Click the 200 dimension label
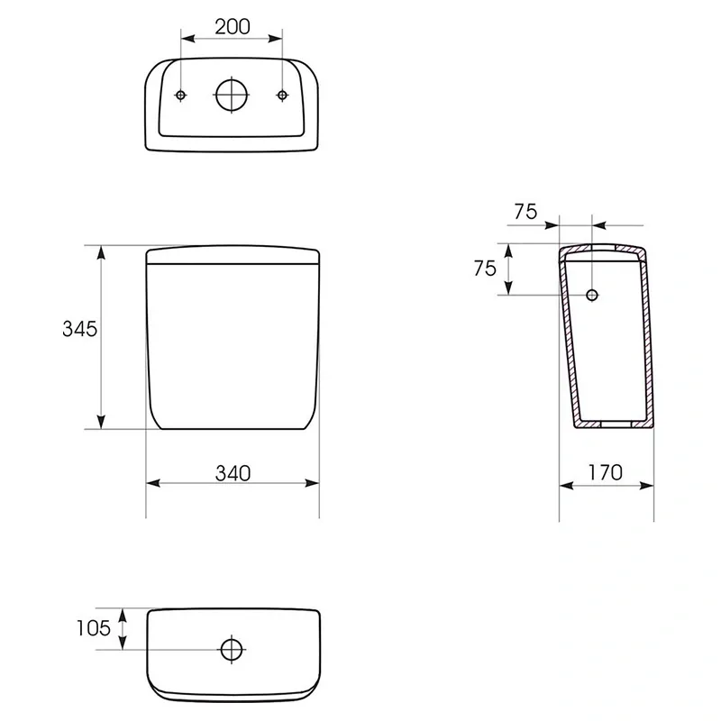click(x=233, y=27)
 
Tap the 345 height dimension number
click(x=79, y=329)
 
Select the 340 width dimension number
click(x=233, y=473)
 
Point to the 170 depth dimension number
click(x=605, y=472)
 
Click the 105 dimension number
click(x=94, y=628)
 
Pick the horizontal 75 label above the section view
click(x=525, y=212)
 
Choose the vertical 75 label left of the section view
click(x=485, y=269)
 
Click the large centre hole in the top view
click(x=232, y=96)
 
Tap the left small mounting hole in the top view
click(x=181, y=96)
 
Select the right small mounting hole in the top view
click(x=282, y=96)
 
